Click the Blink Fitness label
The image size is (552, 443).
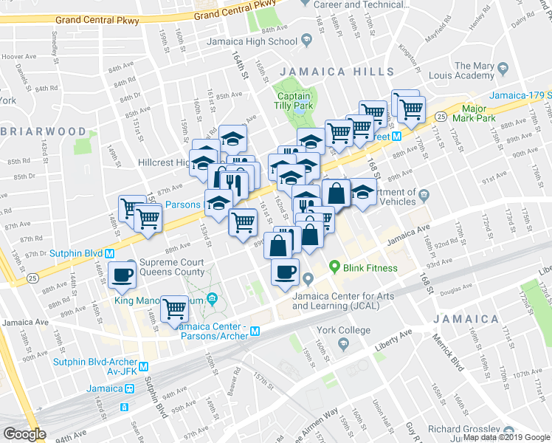point(374,268)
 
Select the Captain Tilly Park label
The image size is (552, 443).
point(294,101)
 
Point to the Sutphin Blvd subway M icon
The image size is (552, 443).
point(108,253)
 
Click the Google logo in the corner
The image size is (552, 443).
point(24,434)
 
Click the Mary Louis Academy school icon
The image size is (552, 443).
point(503,68)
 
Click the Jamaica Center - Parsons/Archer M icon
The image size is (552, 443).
point(255,332)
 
